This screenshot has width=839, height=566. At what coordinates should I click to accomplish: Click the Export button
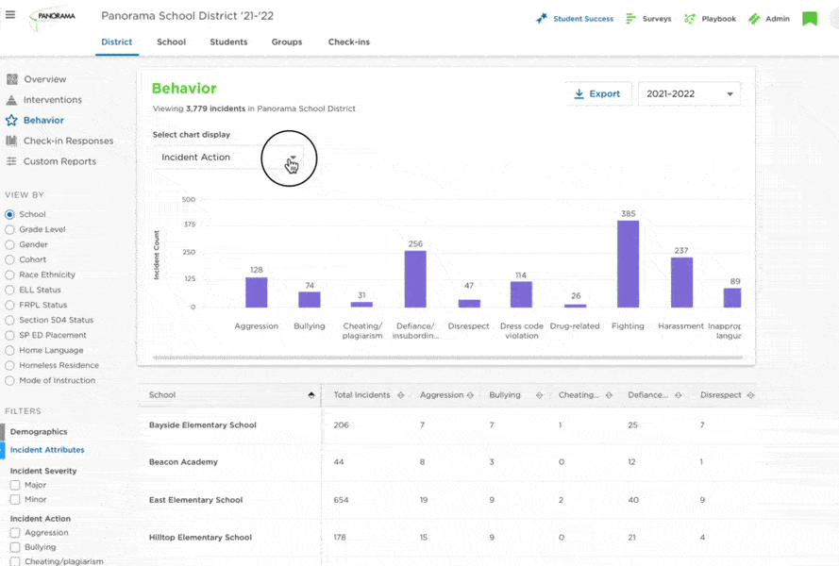[x=597, y=94]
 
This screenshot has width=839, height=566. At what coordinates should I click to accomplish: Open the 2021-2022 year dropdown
[x=689, y=94]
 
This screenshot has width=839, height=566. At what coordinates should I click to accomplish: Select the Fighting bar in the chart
[x=628, y=264]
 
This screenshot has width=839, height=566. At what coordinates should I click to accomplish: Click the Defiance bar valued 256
[x=415, y=279]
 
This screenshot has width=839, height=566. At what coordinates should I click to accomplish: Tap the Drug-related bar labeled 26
[x=575, y=306]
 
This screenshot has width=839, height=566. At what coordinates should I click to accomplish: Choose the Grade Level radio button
[x=9, y=229]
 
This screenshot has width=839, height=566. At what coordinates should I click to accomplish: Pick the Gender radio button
[x=9, y=244]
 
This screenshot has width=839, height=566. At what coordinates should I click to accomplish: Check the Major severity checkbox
[x=15, y=485]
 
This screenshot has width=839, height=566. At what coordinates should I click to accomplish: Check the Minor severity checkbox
[x=15, y=499]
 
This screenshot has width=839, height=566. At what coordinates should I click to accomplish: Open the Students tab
[x=228, y=42]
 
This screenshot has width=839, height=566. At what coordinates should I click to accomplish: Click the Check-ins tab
[x=349, y=42]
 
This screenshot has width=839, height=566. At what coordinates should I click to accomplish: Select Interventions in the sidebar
[x=53, y=99]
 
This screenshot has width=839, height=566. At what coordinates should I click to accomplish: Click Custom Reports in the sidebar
[x=60, y=161]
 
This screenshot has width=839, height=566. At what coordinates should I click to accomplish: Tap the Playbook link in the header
[x=718, y=19]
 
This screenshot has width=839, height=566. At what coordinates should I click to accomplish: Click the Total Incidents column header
[x=361, y=395]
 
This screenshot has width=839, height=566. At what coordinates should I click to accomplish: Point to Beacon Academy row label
[x=183, y=461]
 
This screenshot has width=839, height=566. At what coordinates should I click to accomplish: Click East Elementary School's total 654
[x=341, y=500]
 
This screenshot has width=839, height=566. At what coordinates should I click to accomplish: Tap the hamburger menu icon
[x=10, y=14]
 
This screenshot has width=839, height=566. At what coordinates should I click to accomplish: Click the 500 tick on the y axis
[x=189, y=200]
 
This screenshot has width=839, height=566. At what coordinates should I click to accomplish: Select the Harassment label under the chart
[x=680, y=325]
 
